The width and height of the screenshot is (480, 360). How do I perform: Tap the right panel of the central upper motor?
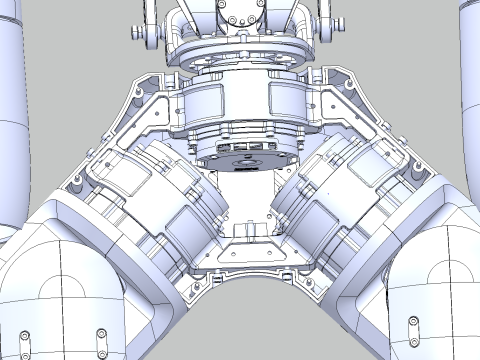coord(287,99)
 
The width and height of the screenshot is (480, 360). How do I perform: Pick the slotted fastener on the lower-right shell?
coord(413,323)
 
